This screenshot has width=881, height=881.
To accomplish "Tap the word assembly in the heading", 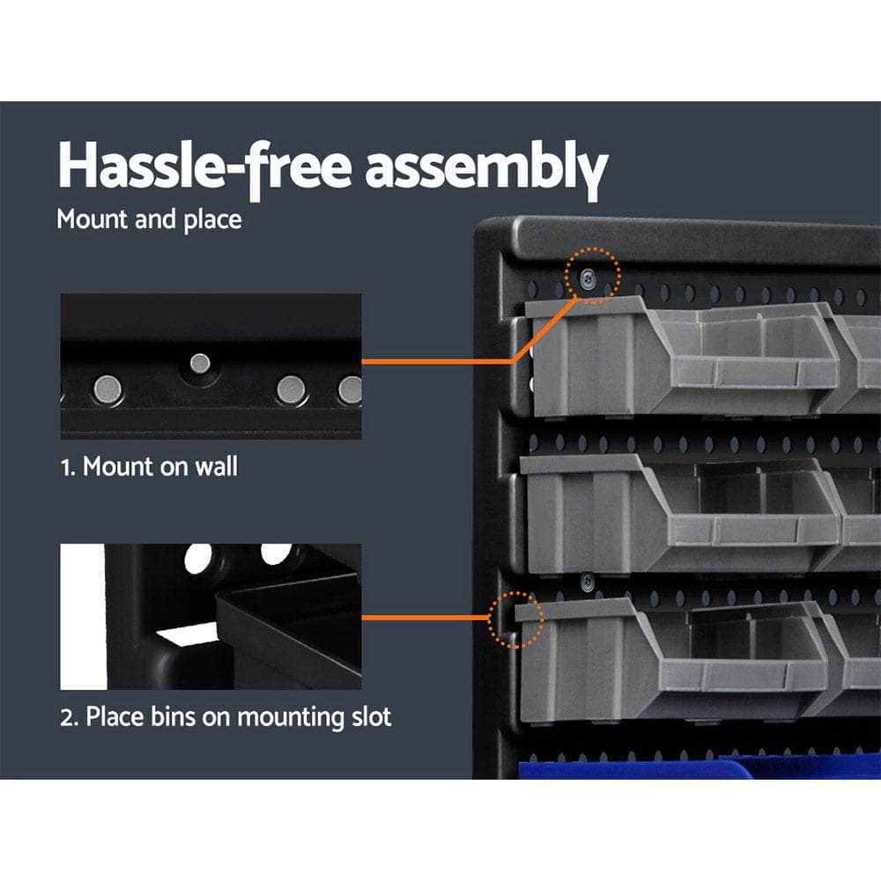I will coord(486,167).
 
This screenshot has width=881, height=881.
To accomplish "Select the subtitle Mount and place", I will coord(149,218).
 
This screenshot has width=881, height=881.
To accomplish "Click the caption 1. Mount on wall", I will coord(149,466).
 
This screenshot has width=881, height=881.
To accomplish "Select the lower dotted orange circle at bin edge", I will coord(516,619).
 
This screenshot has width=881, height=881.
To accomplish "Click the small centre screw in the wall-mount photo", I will coord(200,361).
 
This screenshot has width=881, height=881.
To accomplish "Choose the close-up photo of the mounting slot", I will coord(211,617).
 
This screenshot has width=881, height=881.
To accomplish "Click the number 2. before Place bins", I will coord(70,716).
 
